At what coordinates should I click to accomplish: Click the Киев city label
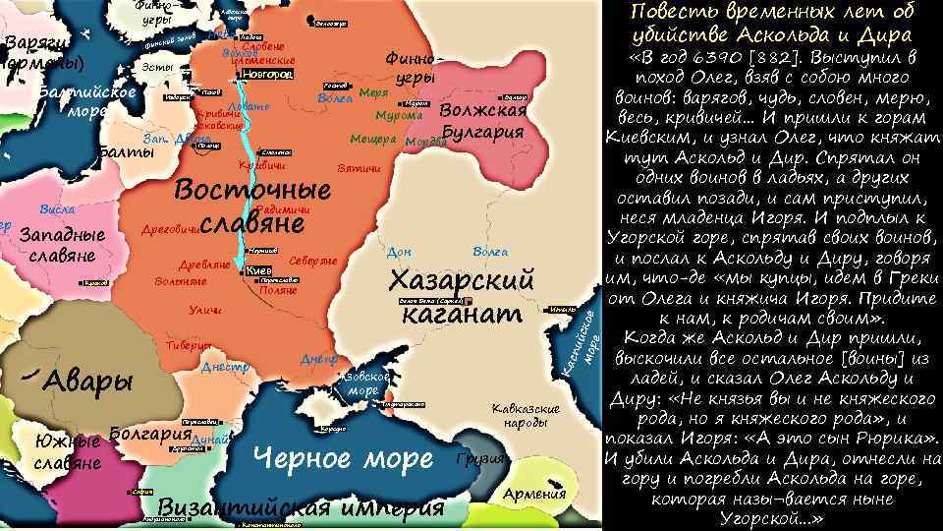coord(259,270)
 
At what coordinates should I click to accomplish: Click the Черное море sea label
coord(343,458)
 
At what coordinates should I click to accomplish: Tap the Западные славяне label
coord(63,246)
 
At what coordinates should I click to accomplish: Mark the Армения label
coord(534,494)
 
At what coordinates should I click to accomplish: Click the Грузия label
coord(480,460)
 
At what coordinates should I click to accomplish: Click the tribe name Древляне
coord(204,265)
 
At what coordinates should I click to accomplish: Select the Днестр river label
coord(222,368)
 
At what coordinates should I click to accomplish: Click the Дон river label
coord(400,253)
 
